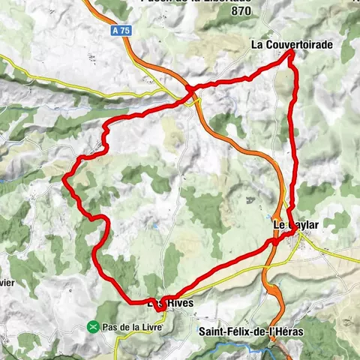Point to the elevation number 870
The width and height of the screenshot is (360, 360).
[x=241, y=12]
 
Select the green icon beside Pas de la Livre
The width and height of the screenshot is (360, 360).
[x=92, y=327]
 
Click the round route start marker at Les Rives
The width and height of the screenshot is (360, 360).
[x=160, y=305]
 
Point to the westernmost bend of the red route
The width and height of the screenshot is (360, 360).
[x=65, y=178]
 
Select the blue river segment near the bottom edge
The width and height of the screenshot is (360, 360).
[x=259, y=350]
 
